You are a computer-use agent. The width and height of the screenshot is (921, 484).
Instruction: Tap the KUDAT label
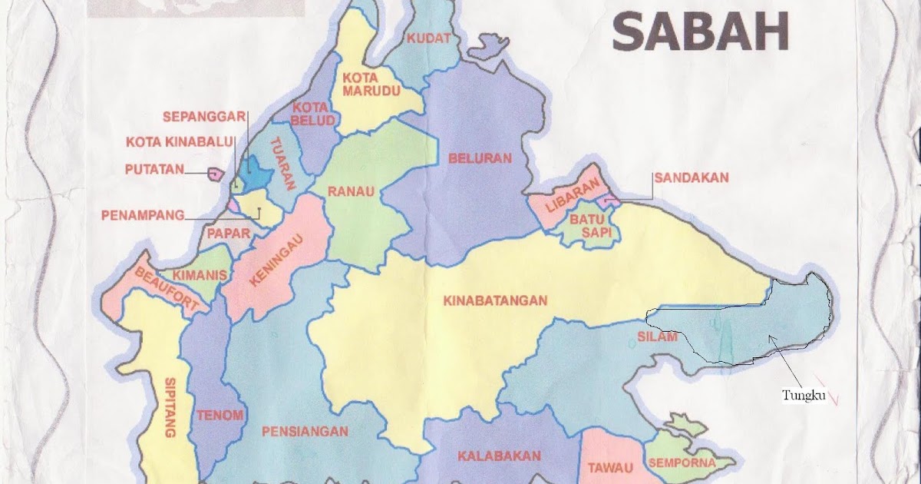click(429, 38)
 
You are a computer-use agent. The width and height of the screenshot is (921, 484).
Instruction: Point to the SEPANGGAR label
click(203, 117)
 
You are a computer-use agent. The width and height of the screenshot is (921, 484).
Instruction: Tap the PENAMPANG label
click(142, 215)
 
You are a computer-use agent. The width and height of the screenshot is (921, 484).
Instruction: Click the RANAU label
click(352, 191)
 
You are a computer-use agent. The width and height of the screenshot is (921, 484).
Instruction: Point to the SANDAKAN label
click(691, 177)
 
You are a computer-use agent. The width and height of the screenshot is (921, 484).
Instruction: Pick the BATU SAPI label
click(589, 228)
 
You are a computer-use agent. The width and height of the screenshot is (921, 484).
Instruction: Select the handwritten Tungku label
click(803, 396)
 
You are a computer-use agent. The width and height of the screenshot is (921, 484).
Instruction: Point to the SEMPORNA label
click(682, 462)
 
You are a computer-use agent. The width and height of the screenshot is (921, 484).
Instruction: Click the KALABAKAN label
click(499, 456)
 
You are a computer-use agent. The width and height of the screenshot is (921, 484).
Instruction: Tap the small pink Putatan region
click(214, 174)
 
